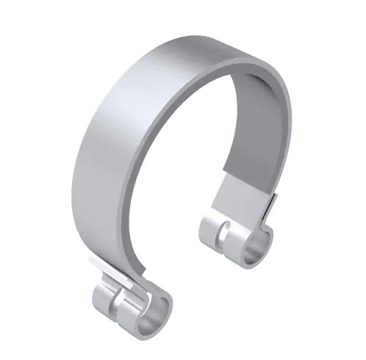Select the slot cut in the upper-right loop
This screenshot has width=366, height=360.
(221, 234)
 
